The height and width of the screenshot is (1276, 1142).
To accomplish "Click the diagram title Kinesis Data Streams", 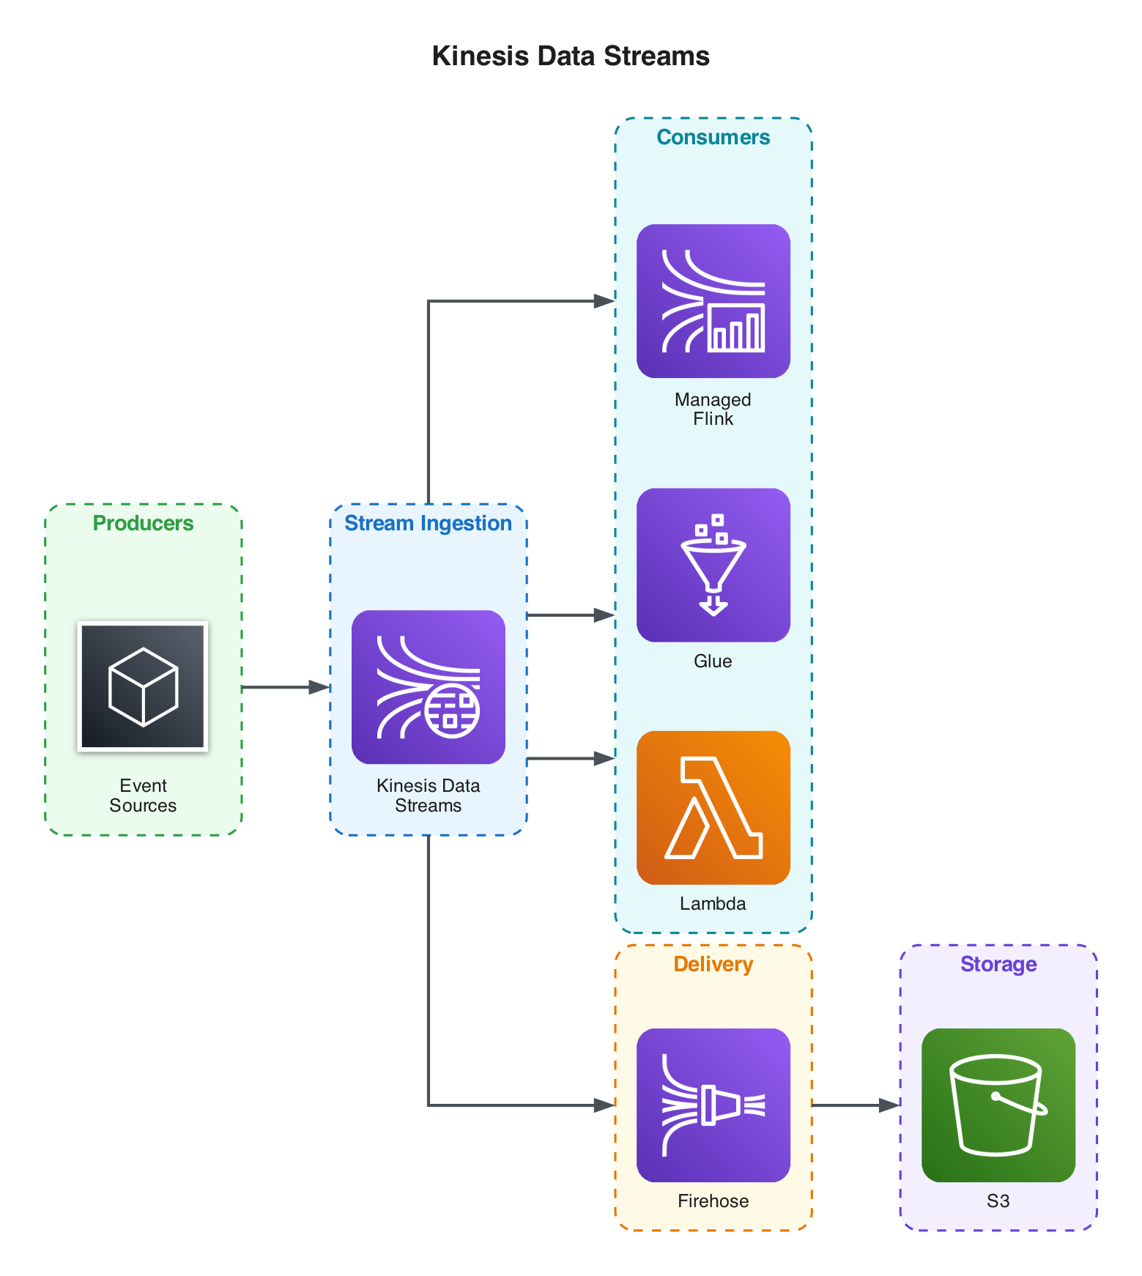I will click(570, 56).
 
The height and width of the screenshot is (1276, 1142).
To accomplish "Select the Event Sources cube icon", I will click(143, 686).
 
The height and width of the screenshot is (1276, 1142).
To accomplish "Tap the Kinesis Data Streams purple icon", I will click(428, 686).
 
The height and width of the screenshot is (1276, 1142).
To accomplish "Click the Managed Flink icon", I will click(713, 300).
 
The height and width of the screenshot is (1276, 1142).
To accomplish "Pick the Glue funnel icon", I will click(713, 565).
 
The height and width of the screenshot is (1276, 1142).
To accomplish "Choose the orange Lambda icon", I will click(713, 807).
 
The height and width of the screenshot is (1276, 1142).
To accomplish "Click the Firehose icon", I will click(713, 1105).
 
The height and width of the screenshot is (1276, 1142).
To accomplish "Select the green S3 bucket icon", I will click(998, 1105).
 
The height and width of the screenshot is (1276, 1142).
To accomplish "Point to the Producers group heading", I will click(143, 523).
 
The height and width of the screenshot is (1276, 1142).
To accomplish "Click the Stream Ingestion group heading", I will click(428, 523).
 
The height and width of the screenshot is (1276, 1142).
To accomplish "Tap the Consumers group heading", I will click(713, 137).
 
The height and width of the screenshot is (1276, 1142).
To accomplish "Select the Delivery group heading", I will click(713, 964).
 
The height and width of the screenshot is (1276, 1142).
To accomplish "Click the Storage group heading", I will click(998, 964).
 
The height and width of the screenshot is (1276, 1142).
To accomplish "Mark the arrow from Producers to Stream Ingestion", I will click(286, 687).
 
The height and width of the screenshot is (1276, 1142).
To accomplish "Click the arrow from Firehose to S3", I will click(856, 1105).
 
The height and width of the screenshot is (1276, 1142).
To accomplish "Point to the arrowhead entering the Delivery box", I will click(604, 1105).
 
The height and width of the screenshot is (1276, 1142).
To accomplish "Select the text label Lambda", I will click(713, 903).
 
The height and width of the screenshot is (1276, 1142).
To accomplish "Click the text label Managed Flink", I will click(713, 409).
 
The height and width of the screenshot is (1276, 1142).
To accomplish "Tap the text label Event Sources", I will click(143, 795).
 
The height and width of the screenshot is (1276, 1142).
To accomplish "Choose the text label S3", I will click(998, 1201).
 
